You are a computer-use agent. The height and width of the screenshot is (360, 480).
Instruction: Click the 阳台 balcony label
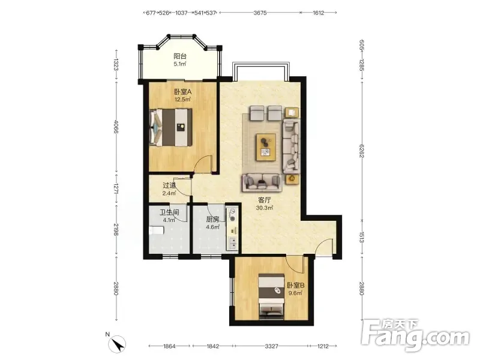(180, 56)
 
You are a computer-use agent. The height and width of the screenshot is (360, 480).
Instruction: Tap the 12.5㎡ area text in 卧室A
(183, 99)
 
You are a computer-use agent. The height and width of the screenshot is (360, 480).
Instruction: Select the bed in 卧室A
(171, 127)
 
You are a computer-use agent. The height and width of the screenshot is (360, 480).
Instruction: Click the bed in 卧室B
(272, 296)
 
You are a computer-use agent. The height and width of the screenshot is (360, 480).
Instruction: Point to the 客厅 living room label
(265, 200)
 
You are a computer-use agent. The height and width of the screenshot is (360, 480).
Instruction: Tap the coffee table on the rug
(266, 147)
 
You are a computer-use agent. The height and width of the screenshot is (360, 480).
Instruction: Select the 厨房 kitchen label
(212, 220)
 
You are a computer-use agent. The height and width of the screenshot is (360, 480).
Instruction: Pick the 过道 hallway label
(169, 185)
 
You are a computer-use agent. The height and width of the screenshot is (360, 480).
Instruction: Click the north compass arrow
(117, 344)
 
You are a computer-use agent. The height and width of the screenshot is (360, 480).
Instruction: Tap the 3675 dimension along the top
(260, 13)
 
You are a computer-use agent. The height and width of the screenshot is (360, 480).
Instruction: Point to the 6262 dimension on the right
(362, 151)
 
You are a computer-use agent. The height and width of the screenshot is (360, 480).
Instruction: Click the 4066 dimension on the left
(116, 127)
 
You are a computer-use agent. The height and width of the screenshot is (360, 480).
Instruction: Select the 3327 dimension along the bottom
(272, 346)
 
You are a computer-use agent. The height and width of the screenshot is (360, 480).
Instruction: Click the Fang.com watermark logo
(415, 335)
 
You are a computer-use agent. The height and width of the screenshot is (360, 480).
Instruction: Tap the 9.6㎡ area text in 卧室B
(296, 293)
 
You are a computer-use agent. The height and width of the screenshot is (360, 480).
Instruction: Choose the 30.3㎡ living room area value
(265, 208)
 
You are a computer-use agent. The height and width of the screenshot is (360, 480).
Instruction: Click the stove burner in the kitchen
(233, 218)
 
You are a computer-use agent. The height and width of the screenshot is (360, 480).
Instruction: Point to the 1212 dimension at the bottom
(323, 346)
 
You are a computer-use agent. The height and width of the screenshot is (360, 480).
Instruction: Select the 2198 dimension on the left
(116, 230)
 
